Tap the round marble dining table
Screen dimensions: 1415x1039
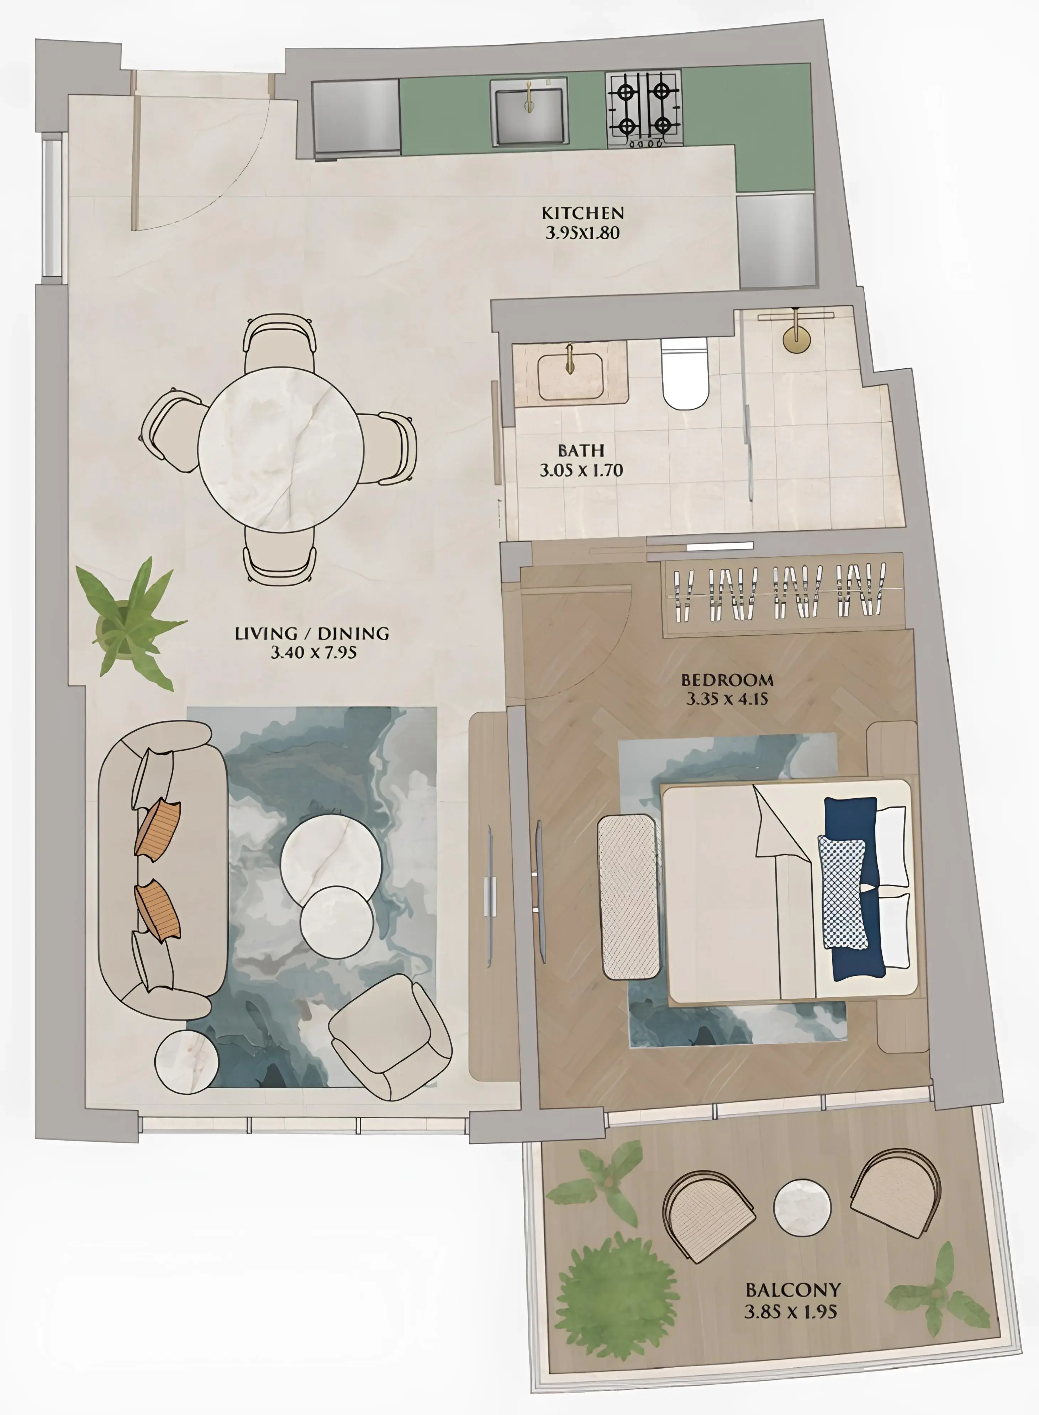point(280,449)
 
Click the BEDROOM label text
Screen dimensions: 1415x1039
point(727,680)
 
